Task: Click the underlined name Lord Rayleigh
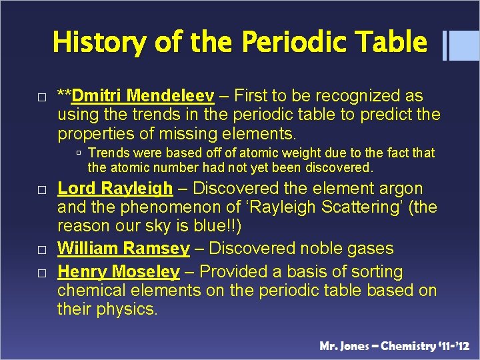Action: (115, 189)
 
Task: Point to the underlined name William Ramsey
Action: (123, 249)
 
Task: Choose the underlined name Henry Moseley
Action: (118, 272)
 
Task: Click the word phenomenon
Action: (155, 207)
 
